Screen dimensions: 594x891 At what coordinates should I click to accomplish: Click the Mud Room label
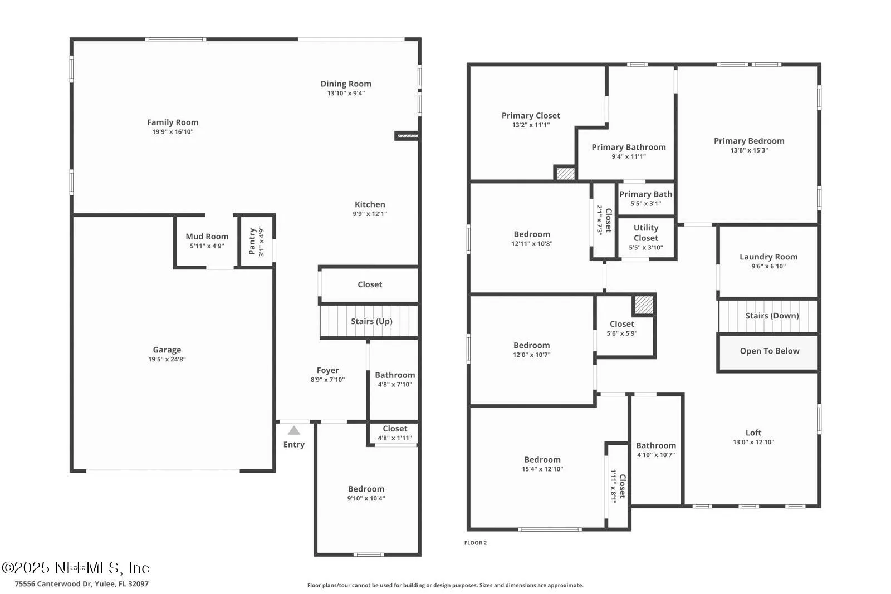tap(207, 237)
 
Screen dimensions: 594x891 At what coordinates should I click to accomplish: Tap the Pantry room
tap(257, 241)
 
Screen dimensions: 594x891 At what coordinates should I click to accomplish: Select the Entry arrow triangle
tap(294, 430)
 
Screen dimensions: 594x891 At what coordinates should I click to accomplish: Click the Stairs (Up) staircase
tap(370, 321)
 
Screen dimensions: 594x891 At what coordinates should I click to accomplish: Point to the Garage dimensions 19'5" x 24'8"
tap(167, 360)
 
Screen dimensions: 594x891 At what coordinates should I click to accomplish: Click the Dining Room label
tap(345, 84)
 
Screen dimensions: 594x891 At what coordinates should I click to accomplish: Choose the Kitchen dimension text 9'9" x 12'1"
tap(370, 214)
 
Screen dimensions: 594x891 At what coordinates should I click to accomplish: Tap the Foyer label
tap(327, 370)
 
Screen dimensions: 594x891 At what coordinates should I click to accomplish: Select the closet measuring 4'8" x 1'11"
tap(394, 433)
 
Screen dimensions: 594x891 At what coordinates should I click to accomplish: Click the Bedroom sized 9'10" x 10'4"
tap(366, 493)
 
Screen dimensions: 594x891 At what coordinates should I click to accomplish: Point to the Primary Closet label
tap(531, 116)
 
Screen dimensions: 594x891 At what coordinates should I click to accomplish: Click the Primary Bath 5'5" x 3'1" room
tap(645, 198)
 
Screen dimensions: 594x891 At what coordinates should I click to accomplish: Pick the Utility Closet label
tap(645, 233)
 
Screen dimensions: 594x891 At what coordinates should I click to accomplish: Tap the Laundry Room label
tap(768, 257)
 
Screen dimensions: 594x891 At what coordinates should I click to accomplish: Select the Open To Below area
tap(769, 351)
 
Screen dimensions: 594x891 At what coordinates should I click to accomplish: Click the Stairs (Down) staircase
tap(769, 316)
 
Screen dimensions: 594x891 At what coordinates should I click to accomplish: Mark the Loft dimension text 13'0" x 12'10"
tap(753, 443)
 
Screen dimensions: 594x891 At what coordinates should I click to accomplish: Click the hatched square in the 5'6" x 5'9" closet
tap(644, 305)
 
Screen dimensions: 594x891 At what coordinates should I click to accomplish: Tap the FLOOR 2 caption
tap(476, 543)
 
